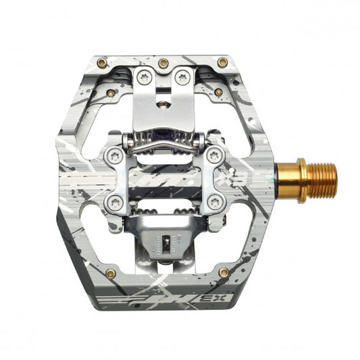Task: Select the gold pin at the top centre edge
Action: pos(163,63)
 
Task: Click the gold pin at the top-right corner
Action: pos(222,62)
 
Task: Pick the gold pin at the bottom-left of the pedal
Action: pos(111,274)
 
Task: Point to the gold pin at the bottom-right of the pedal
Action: pos(222,273)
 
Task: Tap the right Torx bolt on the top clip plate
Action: pos(180,78)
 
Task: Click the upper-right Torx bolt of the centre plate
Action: pos(214,155)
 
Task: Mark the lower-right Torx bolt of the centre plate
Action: pos(214,201)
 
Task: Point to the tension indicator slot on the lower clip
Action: pos(163,241)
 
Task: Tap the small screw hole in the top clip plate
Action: pos(163,103)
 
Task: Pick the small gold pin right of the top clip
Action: pos(218,92)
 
